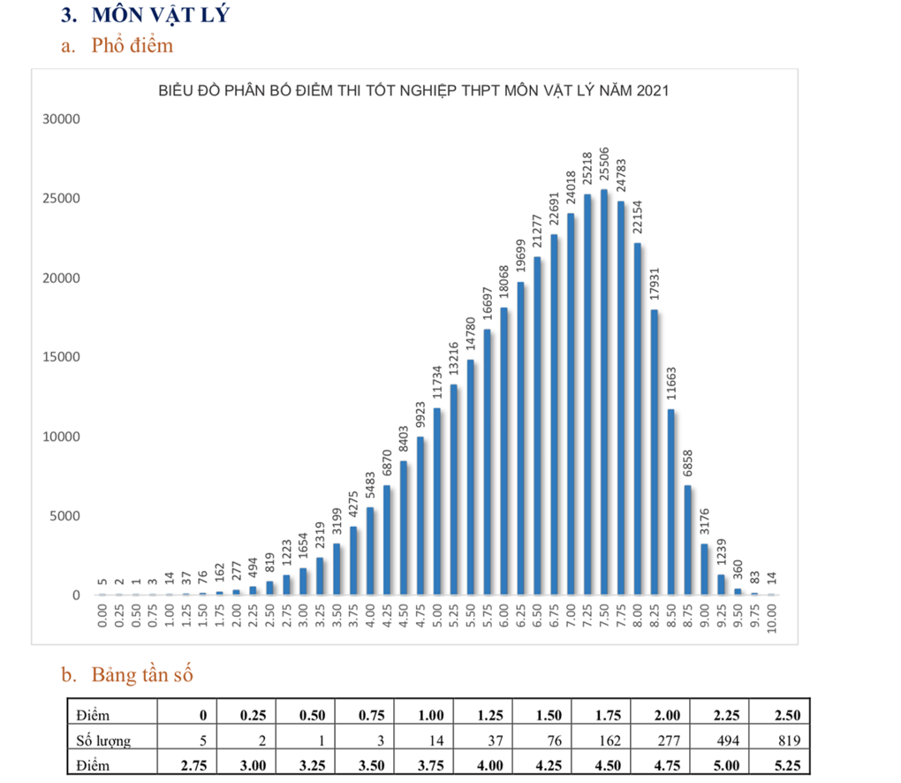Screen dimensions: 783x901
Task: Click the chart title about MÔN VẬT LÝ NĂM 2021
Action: click(413, 91)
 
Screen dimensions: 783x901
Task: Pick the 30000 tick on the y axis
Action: click(63, 119)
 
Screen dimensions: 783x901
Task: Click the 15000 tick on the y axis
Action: click(63, 357)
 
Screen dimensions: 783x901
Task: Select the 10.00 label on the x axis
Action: click(772, 614)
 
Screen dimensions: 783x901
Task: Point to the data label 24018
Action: click(571, 188)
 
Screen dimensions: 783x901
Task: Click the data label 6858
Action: click(688, 465)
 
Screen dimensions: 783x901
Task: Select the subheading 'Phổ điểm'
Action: click(132, 46)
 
